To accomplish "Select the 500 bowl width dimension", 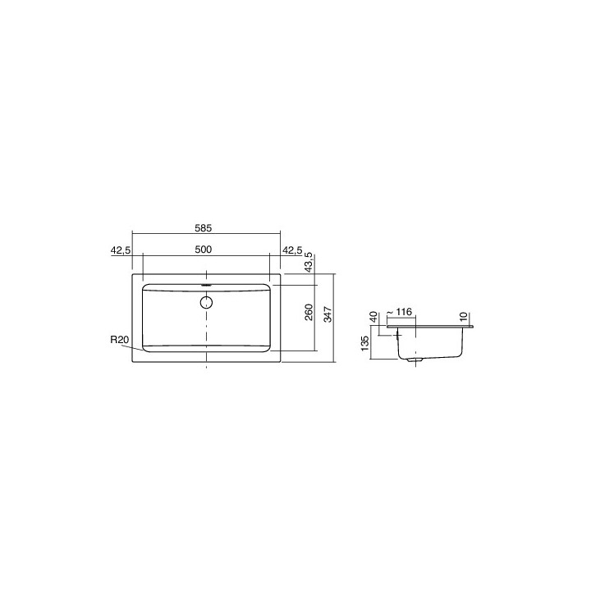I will (205, 250).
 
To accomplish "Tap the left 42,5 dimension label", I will (119, 250).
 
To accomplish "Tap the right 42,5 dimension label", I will (292, 250).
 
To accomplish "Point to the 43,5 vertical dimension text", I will (309, 261).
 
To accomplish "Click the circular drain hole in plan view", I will (205, 301).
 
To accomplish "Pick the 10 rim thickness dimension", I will (464, 315).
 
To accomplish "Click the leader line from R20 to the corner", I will (135, 347).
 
